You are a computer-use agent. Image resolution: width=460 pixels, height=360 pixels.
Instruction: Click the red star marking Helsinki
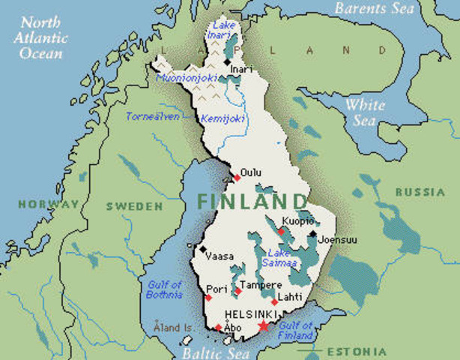coord(263,325)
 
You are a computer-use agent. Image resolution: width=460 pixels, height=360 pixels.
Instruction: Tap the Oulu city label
coord(251,172)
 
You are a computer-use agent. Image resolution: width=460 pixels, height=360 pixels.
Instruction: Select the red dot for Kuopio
coord(281,231)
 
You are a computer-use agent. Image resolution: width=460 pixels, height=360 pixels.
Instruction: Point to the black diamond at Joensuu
coord(312,233)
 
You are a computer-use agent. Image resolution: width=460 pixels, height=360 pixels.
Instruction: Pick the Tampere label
coord(260,285)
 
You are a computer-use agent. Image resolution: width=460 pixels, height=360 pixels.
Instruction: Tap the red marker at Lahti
coord(275,302)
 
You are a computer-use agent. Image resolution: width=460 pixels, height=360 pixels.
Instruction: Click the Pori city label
coord(217,288)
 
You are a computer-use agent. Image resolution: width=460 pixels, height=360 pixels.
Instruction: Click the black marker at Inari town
coord(227,62)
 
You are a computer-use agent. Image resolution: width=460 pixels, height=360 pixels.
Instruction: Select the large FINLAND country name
coord(252,202)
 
